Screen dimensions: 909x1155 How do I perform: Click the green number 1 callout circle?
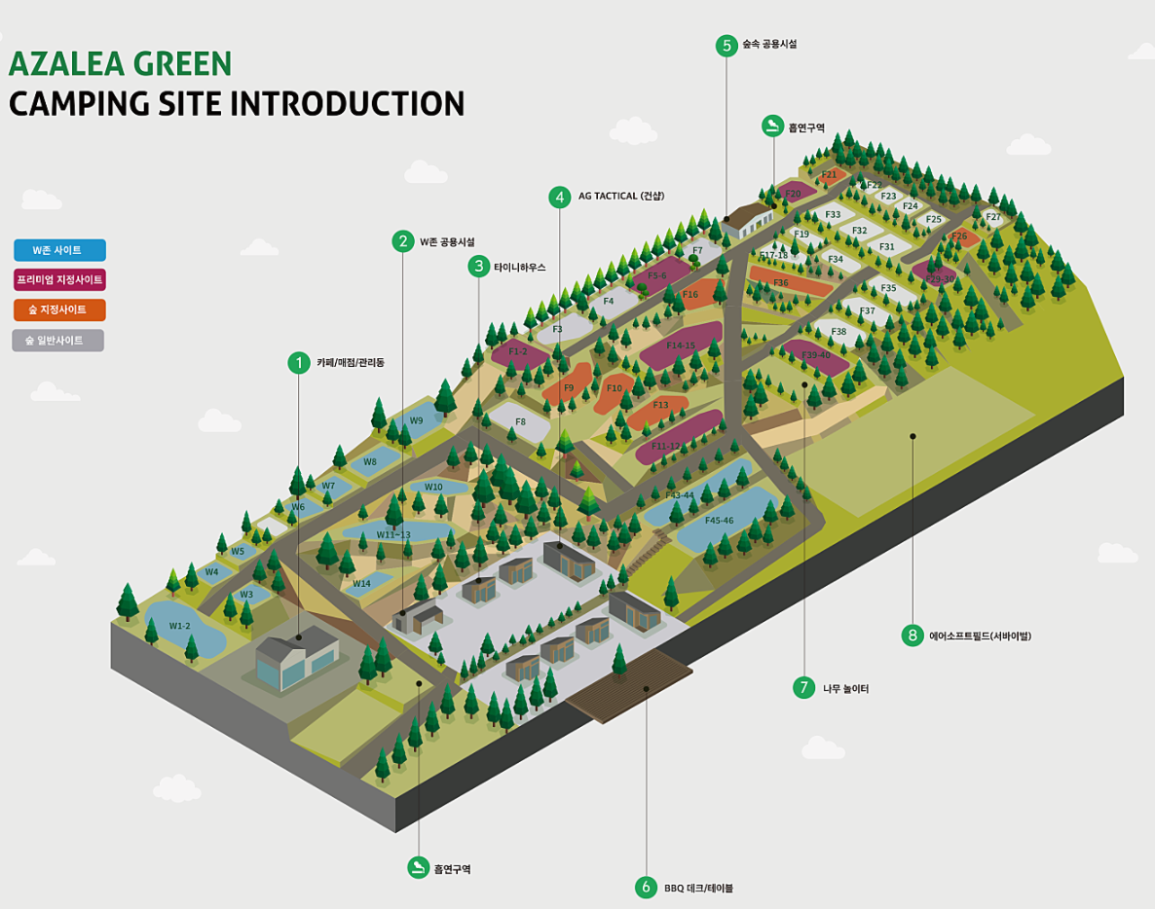[298, 363]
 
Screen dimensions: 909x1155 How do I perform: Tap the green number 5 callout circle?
[726, 45]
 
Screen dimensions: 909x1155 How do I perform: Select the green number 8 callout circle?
[913, 636]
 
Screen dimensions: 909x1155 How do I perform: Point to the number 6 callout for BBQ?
[646, 887]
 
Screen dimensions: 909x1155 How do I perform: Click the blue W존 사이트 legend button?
[59, 250]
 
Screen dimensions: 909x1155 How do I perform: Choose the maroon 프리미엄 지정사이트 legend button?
[59, 280]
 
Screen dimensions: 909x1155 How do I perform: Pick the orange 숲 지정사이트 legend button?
[59, 310]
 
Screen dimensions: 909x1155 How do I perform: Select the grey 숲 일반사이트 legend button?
[57, 341]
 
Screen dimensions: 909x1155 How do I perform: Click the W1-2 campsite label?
[180, 626]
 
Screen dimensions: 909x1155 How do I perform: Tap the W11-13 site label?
[393, 534]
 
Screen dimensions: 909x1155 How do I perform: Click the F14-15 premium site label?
[681, 345]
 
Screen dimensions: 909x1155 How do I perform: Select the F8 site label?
[520, 421]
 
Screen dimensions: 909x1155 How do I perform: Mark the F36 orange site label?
[780, 283]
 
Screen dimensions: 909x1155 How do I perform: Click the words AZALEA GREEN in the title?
[120, 64]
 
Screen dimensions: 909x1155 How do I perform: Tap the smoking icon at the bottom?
[418, 868]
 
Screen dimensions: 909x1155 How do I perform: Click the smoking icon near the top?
[772, 127]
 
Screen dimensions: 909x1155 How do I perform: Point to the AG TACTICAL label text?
[620, 196]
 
